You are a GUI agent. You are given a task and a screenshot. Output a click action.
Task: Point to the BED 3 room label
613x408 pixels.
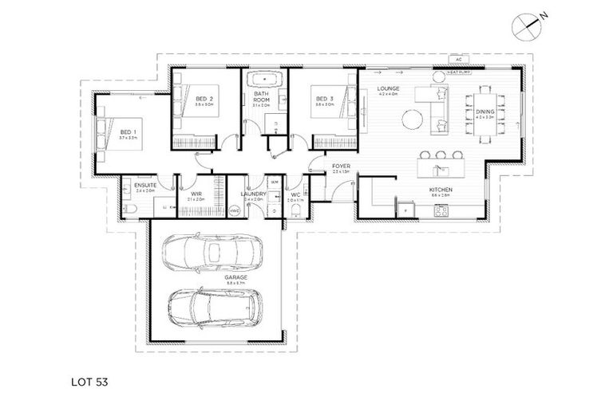(323, 100)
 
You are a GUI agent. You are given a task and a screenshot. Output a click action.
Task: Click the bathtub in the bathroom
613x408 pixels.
(263, 80)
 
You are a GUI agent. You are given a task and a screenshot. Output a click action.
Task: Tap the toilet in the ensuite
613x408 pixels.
(130, 210)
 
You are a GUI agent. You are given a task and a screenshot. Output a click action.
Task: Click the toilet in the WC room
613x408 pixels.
(295, 210)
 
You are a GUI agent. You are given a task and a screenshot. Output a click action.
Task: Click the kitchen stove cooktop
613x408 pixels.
(441, 210)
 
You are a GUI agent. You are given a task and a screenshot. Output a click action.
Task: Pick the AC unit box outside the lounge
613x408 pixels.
(458, 59)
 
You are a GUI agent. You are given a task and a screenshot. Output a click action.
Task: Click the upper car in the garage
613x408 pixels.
(210, 253)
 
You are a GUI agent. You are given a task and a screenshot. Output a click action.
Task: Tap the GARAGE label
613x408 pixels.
(214, 277)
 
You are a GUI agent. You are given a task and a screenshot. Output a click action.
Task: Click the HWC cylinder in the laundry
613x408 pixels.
(235, 210)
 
